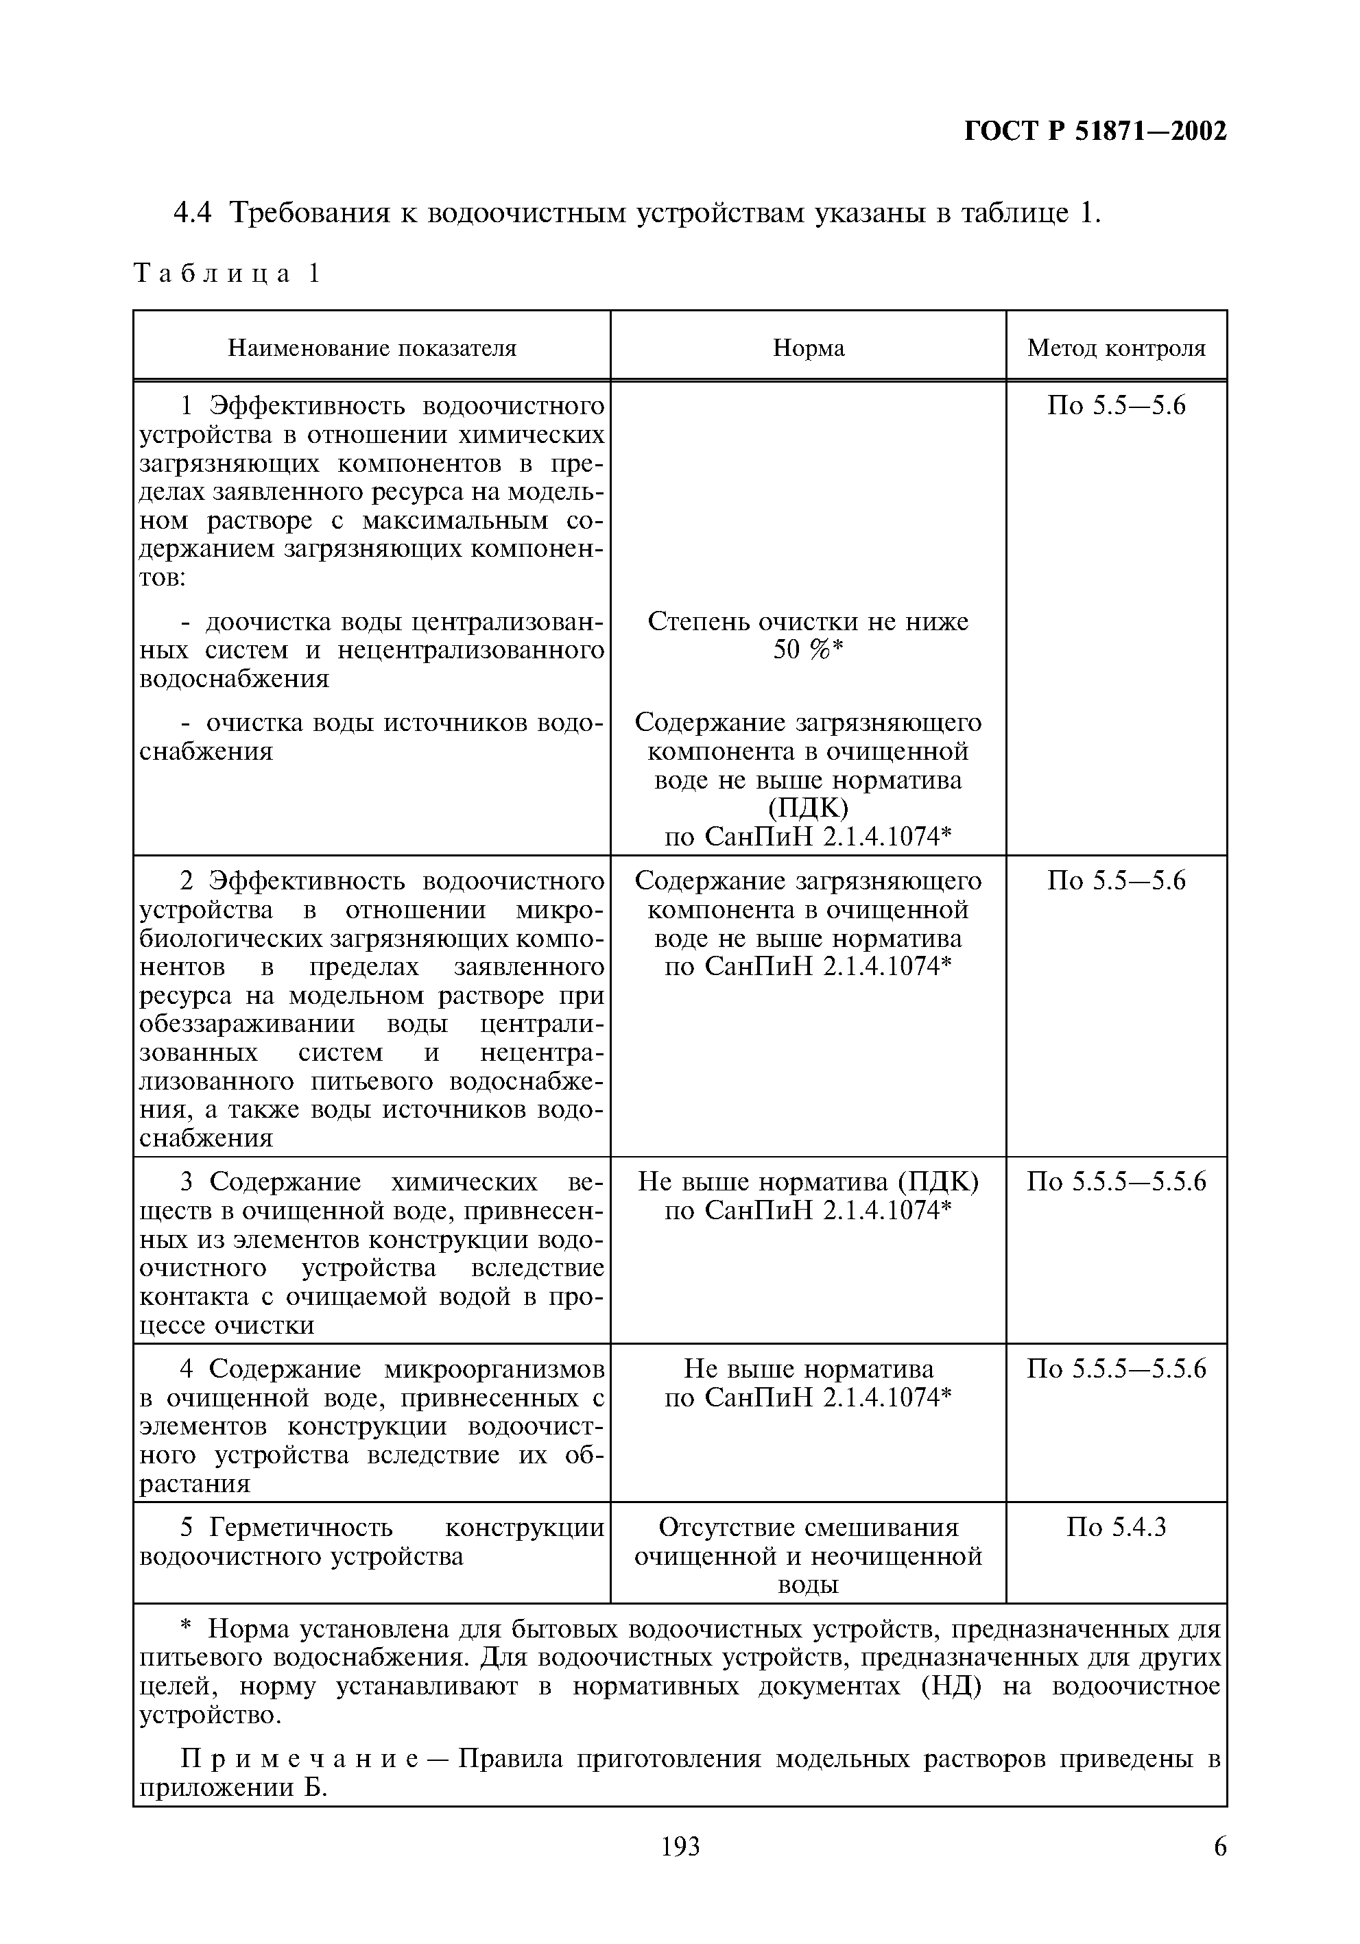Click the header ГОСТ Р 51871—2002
[1095, 131]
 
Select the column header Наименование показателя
[372, 348]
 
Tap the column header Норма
[808, 348]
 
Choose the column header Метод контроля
[1115, 348]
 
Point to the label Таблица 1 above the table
[227, 274]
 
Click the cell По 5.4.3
[1115, 1526]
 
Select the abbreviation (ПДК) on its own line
[808, 808]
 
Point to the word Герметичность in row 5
[300, 1526]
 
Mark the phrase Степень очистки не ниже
[808, 621]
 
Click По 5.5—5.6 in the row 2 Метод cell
[1115, 880]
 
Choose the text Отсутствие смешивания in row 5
[808, 1526]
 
